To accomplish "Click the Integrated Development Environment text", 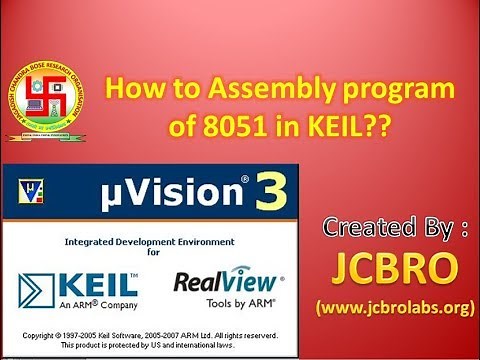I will click(149, 241).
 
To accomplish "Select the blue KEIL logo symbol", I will click(39, 285).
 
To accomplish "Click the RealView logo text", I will click(228, 283).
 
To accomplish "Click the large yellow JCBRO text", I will click(398, 265).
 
